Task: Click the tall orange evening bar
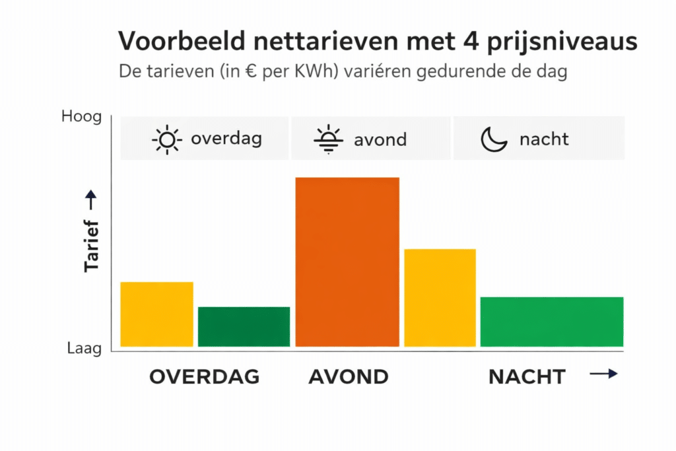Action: point(347,261)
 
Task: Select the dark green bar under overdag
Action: point(244,326)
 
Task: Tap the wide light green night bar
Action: point(551,322)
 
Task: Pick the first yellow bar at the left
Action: point(157,314)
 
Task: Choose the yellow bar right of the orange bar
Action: point(440,297)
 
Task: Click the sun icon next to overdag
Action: point(166,139)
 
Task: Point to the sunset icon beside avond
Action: point(329,139)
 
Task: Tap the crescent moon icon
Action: point(494,139)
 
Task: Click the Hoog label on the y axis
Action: point(82,117)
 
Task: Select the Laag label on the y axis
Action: point(84,348)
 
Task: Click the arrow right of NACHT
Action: point(603,374)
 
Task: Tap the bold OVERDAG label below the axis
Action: point(204,376)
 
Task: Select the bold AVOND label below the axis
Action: point(348,376)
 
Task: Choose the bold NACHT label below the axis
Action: point(527,376)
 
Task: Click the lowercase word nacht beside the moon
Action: point(544,139)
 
